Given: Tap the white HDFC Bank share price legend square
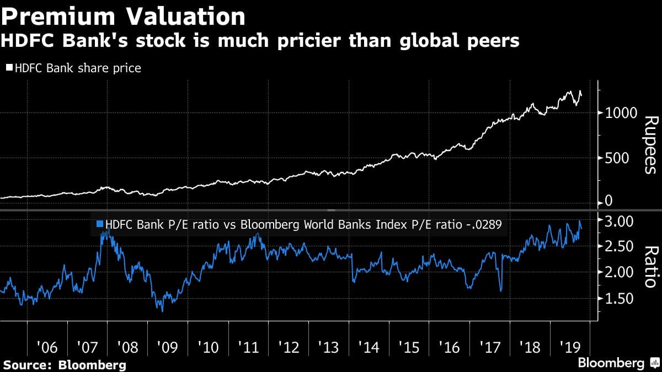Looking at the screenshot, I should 9,68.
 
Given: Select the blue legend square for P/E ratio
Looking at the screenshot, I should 100,224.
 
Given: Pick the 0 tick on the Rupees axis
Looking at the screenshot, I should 608,201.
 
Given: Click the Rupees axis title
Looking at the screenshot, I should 650,144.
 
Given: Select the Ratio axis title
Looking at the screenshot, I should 650,267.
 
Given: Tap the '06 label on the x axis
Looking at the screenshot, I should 47,348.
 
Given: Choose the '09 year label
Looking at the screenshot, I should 168,348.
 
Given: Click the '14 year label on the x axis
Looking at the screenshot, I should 369,348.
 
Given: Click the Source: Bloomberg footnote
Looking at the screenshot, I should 65,364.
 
